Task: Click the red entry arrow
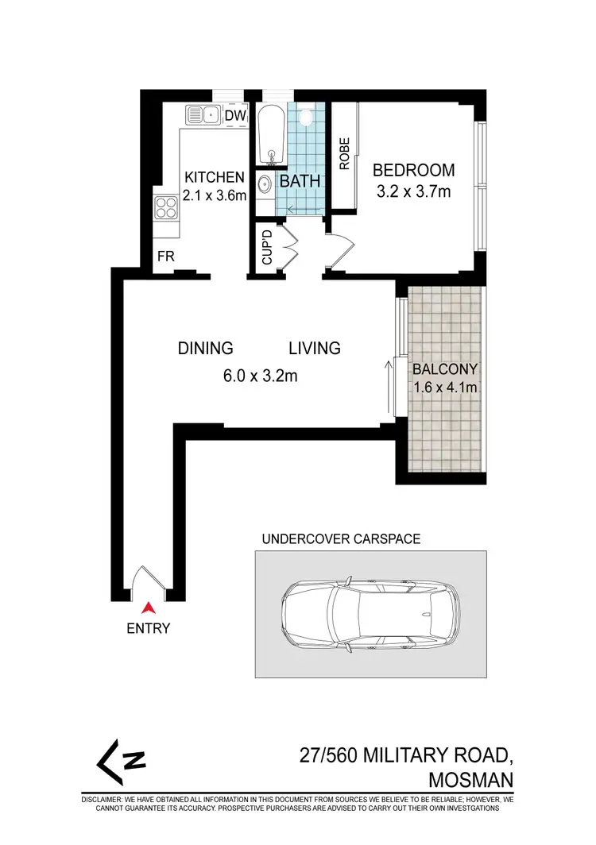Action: pyautogui.click(x=148, y=608)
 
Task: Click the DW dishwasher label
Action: pyautogui.click(x=234, y=116)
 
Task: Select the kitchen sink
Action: pyautogui.click(x=202, y=115)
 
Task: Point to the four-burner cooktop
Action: pyautogui.click(x=166, y=208)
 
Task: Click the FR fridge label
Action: pyautogui.click(x=165, y=257)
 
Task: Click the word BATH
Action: pyautogui.click(x=300, y=181)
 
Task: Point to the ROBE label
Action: pyautogui.click(x=345, y=156)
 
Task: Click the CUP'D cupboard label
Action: pyautogui.click(x=267, y=247)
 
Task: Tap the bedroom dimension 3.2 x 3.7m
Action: pyautogui.click(x=413, y=191)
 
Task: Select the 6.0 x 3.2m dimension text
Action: pyautogui.click(x=259, y=376)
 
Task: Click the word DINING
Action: pyautogui.click(x=205, y=348)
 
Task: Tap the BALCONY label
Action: pyautogui.click(x=443, y=368)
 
